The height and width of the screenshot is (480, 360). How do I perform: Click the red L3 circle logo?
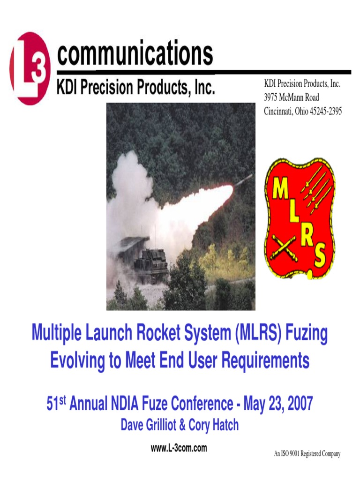tap(29, 68)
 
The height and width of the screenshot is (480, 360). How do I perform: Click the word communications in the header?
tap(135, 55)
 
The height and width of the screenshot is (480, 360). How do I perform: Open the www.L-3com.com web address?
tap(179, 448)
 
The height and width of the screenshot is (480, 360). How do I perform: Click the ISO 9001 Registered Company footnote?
tap(307, 454)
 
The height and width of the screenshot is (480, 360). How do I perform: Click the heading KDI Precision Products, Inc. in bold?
tap(136, 88)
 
